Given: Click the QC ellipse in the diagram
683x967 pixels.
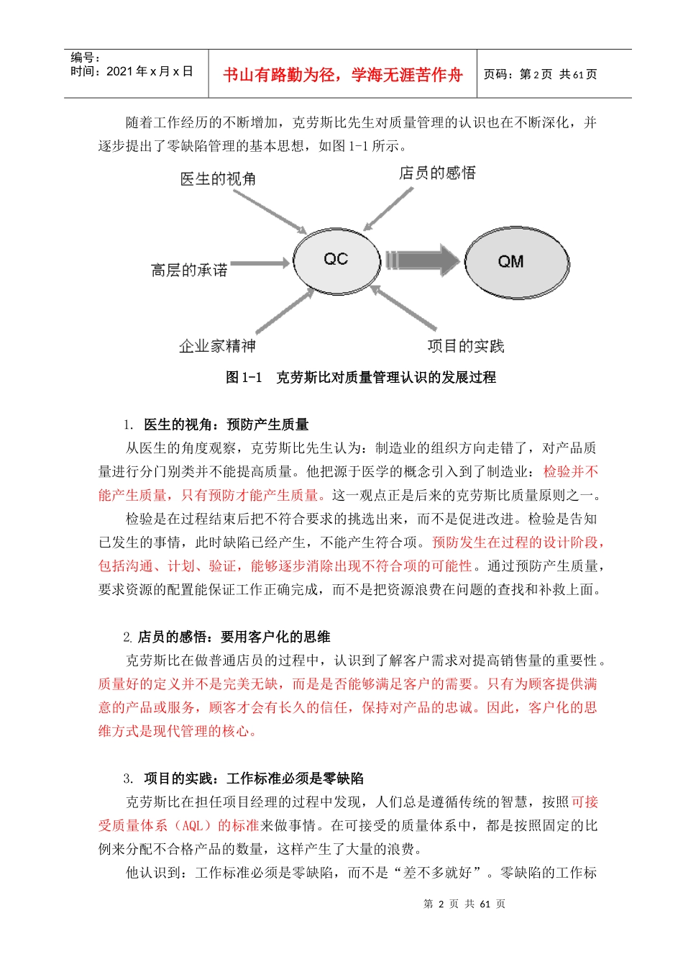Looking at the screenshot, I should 336,260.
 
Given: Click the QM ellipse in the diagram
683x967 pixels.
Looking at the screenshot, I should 515,262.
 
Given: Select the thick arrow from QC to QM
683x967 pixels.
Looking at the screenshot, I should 422,260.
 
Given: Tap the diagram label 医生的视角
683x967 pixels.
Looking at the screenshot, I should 218,178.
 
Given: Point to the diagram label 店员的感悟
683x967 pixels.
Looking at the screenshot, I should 437,173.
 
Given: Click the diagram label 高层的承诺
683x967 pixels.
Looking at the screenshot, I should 189,271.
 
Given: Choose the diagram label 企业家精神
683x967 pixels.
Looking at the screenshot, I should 217,346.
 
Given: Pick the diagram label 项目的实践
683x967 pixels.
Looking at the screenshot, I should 466,346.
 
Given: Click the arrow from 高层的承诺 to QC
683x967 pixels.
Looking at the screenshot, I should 259,264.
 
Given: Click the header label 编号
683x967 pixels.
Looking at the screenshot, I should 85,58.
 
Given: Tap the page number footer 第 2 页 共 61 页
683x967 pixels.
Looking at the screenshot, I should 464,904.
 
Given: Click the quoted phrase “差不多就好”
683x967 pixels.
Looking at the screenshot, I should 441,873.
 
